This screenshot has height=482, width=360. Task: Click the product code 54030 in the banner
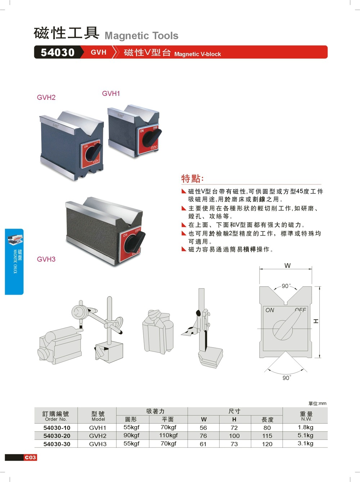pos(57,52)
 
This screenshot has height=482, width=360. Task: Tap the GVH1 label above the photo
pos(111,93)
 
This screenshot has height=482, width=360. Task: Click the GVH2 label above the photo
pos(46,97)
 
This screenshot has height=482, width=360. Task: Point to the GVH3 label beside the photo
pos(46,259)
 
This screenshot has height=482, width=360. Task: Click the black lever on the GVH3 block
pos(136,241)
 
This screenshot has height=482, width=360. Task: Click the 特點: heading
pos(193,178)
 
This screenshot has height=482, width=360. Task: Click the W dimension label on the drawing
pos(287,266)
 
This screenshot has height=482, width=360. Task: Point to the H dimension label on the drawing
pos(316,321)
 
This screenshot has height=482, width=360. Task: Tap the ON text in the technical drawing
pos(270,310)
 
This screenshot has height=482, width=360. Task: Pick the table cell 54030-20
pos(57,436)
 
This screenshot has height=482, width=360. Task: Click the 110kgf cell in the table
pos(168,435)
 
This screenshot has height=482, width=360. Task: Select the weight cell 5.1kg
pos(305,435)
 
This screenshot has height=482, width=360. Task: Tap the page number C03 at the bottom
pos(31,457)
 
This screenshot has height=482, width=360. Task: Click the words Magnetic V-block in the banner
pos(197,54)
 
